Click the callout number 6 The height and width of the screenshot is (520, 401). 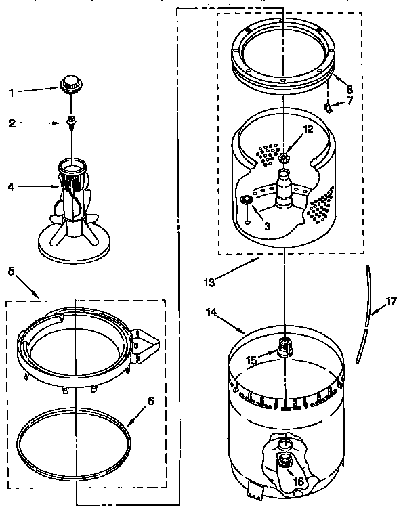coord(150,400)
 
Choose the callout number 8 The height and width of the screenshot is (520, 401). coord(349,89)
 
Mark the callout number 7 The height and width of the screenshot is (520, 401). coord(350,101)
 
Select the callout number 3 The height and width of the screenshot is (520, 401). coord(267,225)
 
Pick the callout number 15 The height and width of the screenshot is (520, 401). coord(251,360)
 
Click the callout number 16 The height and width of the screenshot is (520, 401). coord(298,482)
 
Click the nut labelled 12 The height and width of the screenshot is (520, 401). coord(284,158)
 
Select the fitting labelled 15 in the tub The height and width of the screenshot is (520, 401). coord(284,347)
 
